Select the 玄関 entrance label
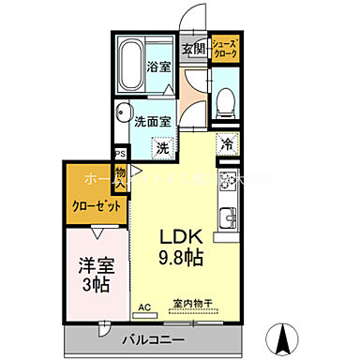193,50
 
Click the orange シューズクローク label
225,50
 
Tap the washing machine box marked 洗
162,147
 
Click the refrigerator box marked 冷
226,144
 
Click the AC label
144,307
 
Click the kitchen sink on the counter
226,221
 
